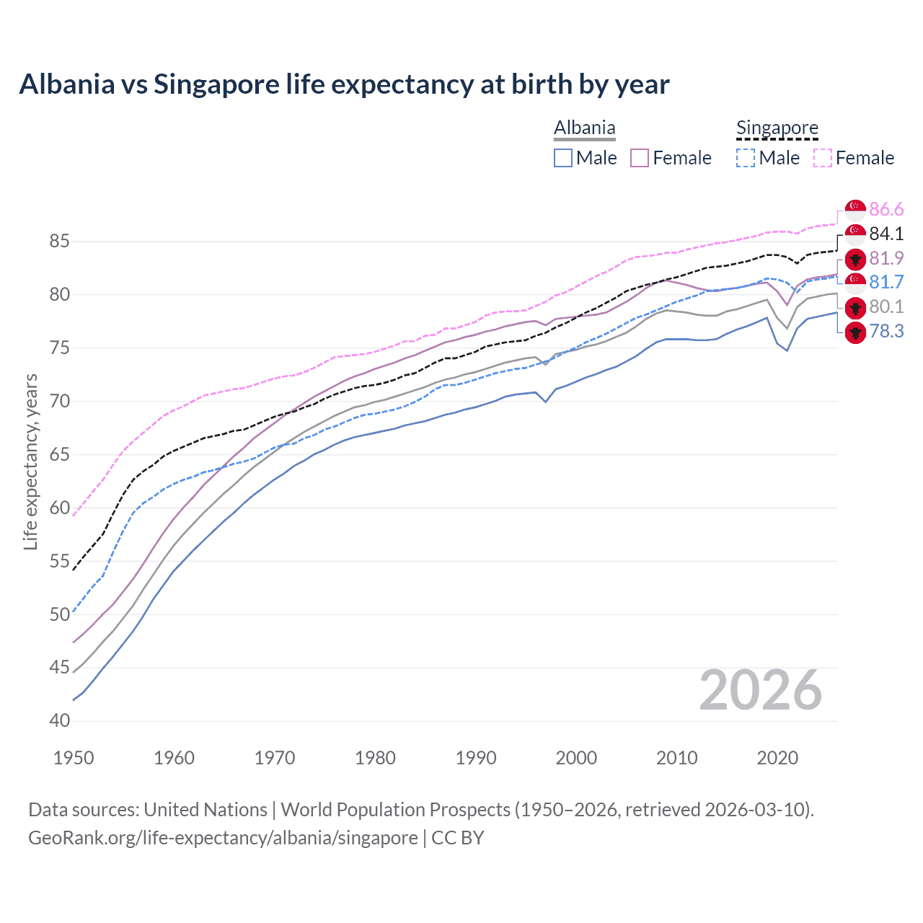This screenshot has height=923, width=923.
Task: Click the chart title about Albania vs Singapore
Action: (x=344, y=84)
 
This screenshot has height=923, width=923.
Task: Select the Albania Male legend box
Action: (x=563, y=158)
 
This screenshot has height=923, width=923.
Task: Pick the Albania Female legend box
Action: (x=640, y=158)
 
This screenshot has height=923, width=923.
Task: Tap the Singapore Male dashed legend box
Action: (x=746, y=158)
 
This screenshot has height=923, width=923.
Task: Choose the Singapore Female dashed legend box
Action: (x=823, y=158)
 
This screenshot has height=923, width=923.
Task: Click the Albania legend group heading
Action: (x=584, y=128)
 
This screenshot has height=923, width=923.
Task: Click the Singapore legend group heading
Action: (x=777, y=128)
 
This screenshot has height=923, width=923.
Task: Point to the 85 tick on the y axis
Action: (x=59, y=241)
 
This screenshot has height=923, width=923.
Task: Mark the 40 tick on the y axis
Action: (x=59, y=720)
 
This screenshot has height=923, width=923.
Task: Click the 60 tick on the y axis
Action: (x=59, y=508)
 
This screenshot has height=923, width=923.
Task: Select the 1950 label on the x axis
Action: (x=74, y=758)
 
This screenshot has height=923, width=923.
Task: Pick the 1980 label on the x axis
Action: (x=375, y=758)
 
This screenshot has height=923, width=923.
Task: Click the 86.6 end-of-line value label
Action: (x=886, y=209)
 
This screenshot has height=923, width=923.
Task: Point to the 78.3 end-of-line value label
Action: (x=886, y=331)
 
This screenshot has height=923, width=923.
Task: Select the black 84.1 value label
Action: (x=886, y=234)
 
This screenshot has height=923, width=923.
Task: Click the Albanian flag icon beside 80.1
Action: (x=855, y=307)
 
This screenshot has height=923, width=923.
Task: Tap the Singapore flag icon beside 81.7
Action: (x=855, y=282)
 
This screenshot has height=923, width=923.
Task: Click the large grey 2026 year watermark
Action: (x=760, y=690)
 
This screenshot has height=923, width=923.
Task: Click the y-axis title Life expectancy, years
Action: (x=30, y=461)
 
